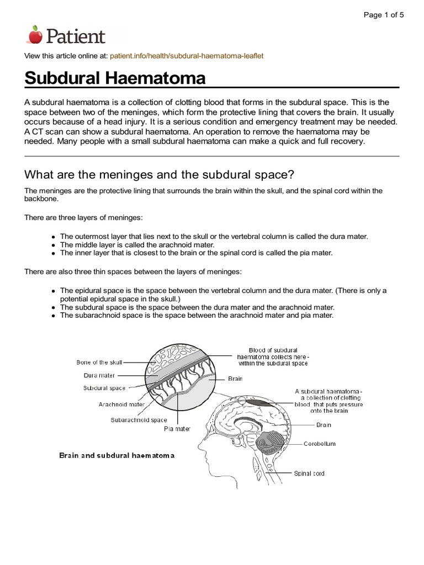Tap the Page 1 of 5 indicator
tap(384, 15)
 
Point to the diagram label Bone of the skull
tap(99, 363)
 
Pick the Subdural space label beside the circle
tap(104, 388)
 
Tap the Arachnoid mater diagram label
tap(121, 404)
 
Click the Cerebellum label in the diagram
tap(319, 443)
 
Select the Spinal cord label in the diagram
tap(309, 473)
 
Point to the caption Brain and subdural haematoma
tap(116, 456)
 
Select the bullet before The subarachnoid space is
tap(53, 316)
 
